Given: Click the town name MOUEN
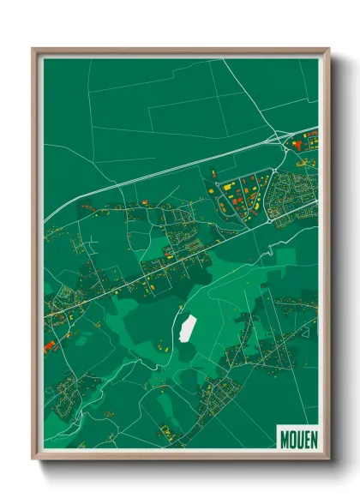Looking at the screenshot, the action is click(x=297, y=438).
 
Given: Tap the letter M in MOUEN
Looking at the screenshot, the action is click(x=285, y=438).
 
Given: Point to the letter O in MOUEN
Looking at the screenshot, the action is click(x=291, y=438).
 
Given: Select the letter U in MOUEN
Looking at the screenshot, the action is click(x=298, y=438).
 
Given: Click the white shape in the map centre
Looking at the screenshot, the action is click(x=186, y=327).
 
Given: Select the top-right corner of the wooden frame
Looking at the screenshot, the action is click(x=328, y=49).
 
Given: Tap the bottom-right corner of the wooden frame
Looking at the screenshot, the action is click(x=328, y=459).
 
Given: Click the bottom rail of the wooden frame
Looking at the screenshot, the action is click(x=180, y=458).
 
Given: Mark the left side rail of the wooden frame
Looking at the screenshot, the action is click(x=36, y=257).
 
